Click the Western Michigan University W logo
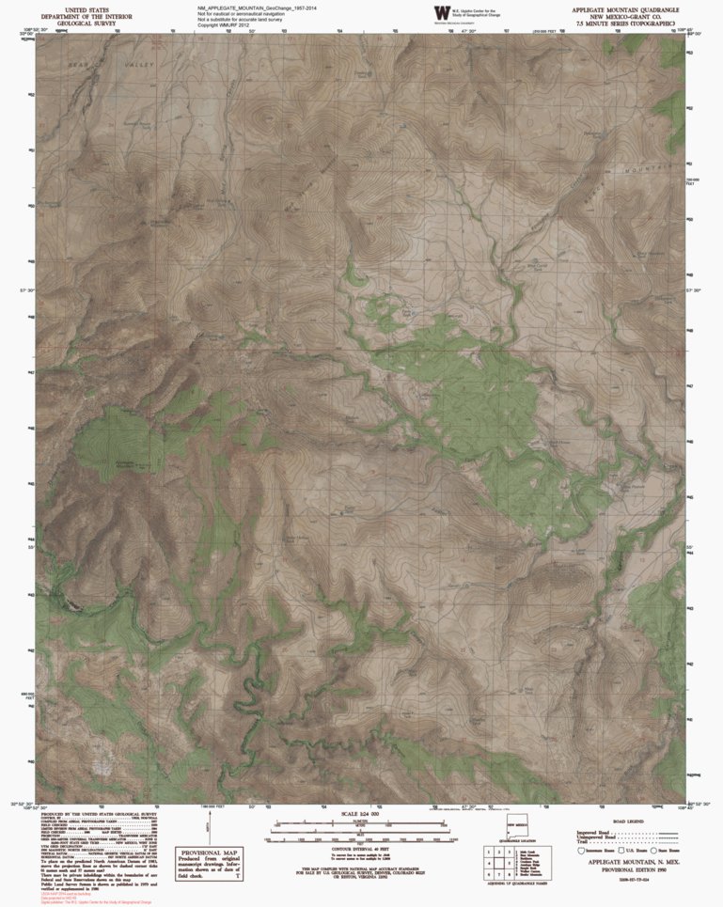[441, 12]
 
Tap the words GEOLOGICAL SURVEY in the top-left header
[86, 23]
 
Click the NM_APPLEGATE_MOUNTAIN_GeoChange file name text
[251, 8]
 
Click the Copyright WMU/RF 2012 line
[227, 25]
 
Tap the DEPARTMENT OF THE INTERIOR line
[86, 16]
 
